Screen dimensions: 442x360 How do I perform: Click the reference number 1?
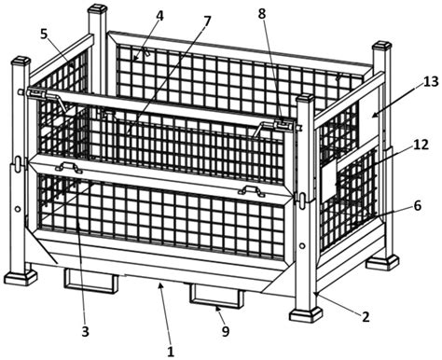coord(171,351)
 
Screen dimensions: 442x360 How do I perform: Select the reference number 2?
coord(366,317)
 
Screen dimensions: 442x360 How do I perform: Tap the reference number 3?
coord(85,332)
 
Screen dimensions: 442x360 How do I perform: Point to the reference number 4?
coord(159,16)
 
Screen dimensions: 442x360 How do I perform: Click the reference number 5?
coord(44,35)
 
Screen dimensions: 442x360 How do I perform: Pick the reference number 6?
coord(417,205)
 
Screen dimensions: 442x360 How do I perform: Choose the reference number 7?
coord(206,21)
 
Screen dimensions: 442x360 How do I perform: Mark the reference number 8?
coord(262,14)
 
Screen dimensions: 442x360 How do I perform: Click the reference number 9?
coord(226,331)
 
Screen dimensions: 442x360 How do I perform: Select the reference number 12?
coord(421,145)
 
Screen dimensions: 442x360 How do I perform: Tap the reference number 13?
coord(431,81)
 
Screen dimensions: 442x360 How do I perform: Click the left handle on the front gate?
coord(69,167)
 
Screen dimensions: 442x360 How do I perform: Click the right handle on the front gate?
coord(252,190)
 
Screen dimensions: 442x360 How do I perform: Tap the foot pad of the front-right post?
coord(306,314)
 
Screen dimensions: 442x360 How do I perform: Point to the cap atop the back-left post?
coord(97,7)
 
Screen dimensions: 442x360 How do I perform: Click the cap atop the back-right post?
coord(381,45)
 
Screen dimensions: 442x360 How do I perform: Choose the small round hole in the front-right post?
coord(301,246)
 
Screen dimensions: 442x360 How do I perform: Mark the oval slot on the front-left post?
coord(19,161)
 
